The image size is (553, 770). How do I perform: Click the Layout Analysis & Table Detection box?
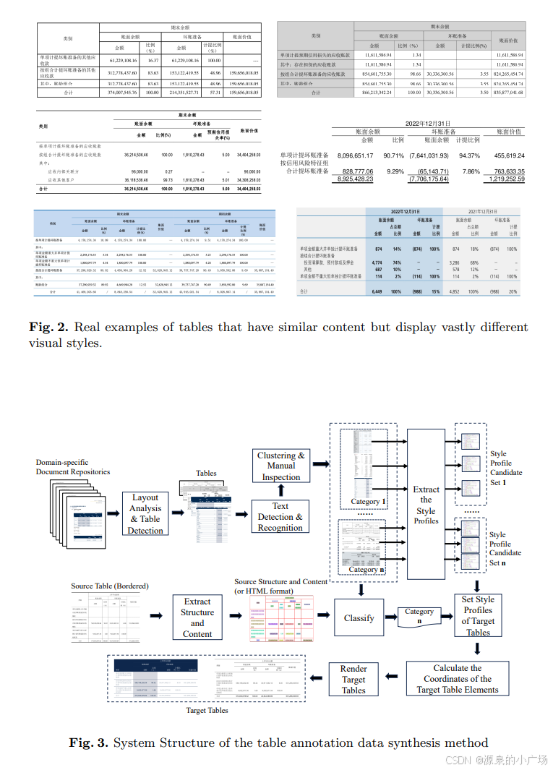[145, 513]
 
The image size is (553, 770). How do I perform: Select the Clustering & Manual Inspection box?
[280, 466]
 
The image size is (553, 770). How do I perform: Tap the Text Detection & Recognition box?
[280, 516]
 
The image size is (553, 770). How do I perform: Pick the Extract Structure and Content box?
[197, 617]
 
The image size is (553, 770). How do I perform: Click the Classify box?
[359, 617]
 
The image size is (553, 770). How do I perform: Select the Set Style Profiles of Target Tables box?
[478, 615]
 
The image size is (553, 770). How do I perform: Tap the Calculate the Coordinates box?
[458, 679]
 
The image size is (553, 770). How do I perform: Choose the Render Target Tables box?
[353, 679]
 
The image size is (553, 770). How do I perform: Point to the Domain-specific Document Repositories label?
[73, 466]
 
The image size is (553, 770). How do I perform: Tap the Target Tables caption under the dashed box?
[207, 710]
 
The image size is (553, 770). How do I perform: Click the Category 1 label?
[369, 501]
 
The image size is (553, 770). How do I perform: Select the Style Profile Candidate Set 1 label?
[505, 467]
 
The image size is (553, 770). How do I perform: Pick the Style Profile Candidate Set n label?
[505, 548]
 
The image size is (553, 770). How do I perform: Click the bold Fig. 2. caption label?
[48, 328]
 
